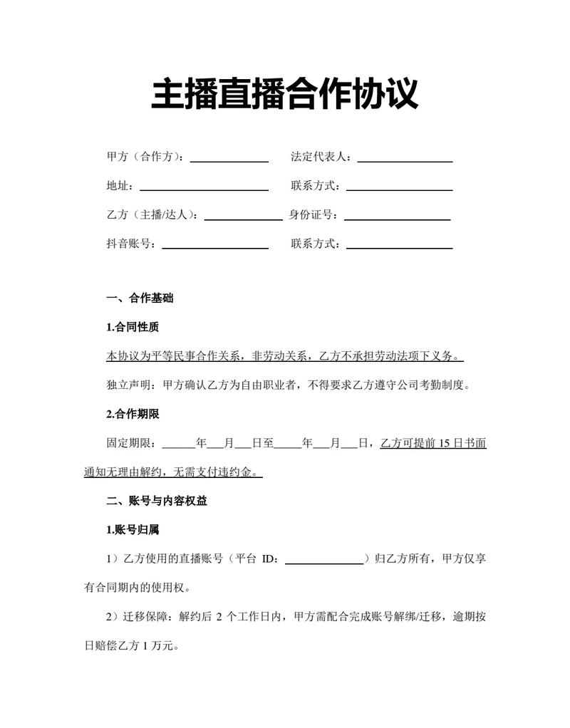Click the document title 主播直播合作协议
[284, 95]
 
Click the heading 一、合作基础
[140, 298]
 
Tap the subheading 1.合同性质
[132, 328]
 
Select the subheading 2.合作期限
[132, 414]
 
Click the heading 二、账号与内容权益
[157, 501]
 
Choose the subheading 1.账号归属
[132, 530]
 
